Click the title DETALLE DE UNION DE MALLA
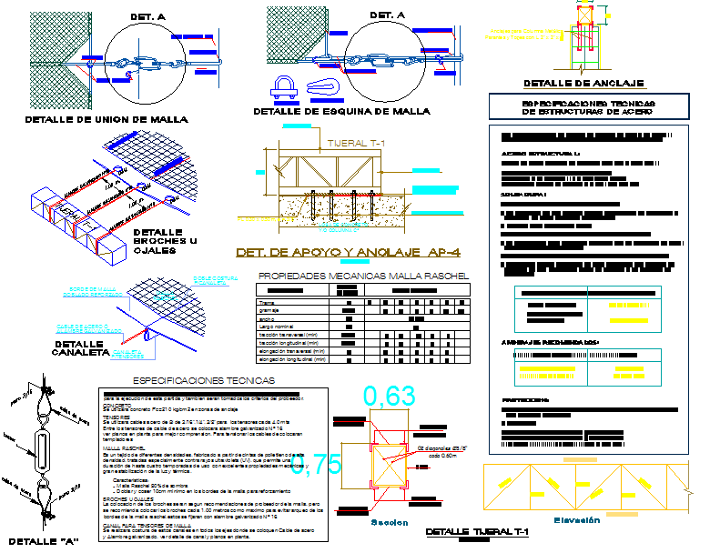(x=106, y=119)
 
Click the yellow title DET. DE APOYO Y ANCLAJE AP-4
(x=347, y=252)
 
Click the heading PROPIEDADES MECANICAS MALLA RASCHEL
(x=363, y=275)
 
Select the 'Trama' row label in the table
(x=267, y=302)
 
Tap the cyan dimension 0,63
(x=390, y=397)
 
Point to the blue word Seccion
(x=390, y=523)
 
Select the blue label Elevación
(x=579, y=519)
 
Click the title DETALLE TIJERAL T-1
(x=477, y=532)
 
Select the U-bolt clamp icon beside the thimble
(x=283, y=86)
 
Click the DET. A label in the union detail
(x=147, y=16)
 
